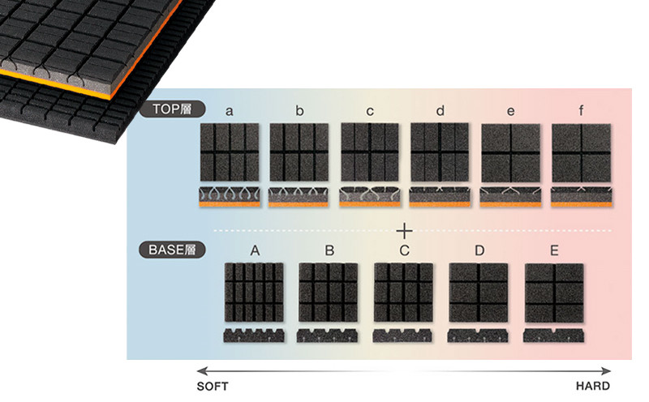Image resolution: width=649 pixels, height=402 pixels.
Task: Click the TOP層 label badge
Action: [172, 109]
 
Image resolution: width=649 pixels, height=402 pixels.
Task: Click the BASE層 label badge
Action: [172, 250]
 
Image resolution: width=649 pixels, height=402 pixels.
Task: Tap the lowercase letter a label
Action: [229, 111]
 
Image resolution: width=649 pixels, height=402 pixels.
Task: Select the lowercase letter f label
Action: [581, 110]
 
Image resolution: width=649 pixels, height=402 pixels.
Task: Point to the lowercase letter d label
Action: [440, 110]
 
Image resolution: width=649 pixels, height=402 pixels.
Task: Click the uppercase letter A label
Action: [255, 250]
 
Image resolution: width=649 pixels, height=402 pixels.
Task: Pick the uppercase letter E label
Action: [554, 250]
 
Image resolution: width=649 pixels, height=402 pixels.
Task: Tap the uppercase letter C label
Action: [404, 250]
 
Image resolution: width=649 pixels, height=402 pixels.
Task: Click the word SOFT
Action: [213, 387]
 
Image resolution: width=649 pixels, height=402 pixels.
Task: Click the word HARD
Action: [593, 386]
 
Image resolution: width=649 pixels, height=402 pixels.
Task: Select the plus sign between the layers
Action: [404, 231]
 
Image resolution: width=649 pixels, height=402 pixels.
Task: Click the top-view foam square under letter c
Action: [370, 152]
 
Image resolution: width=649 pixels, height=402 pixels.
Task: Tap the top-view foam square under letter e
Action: [511, 152]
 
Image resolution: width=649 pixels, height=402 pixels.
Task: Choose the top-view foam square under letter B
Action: [329, 293]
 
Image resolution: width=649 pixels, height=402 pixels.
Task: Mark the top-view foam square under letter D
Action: [479, 293]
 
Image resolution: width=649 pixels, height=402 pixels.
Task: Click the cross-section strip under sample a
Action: [230, 197]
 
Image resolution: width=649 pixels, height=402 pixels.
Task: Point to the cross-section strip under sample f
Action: [582, 197]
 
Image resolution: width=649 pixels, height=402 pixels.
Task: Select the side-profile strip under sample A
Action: [254, 336]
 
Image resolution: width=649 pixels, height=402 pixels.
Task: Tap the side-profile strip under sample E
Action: [554, 336]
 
